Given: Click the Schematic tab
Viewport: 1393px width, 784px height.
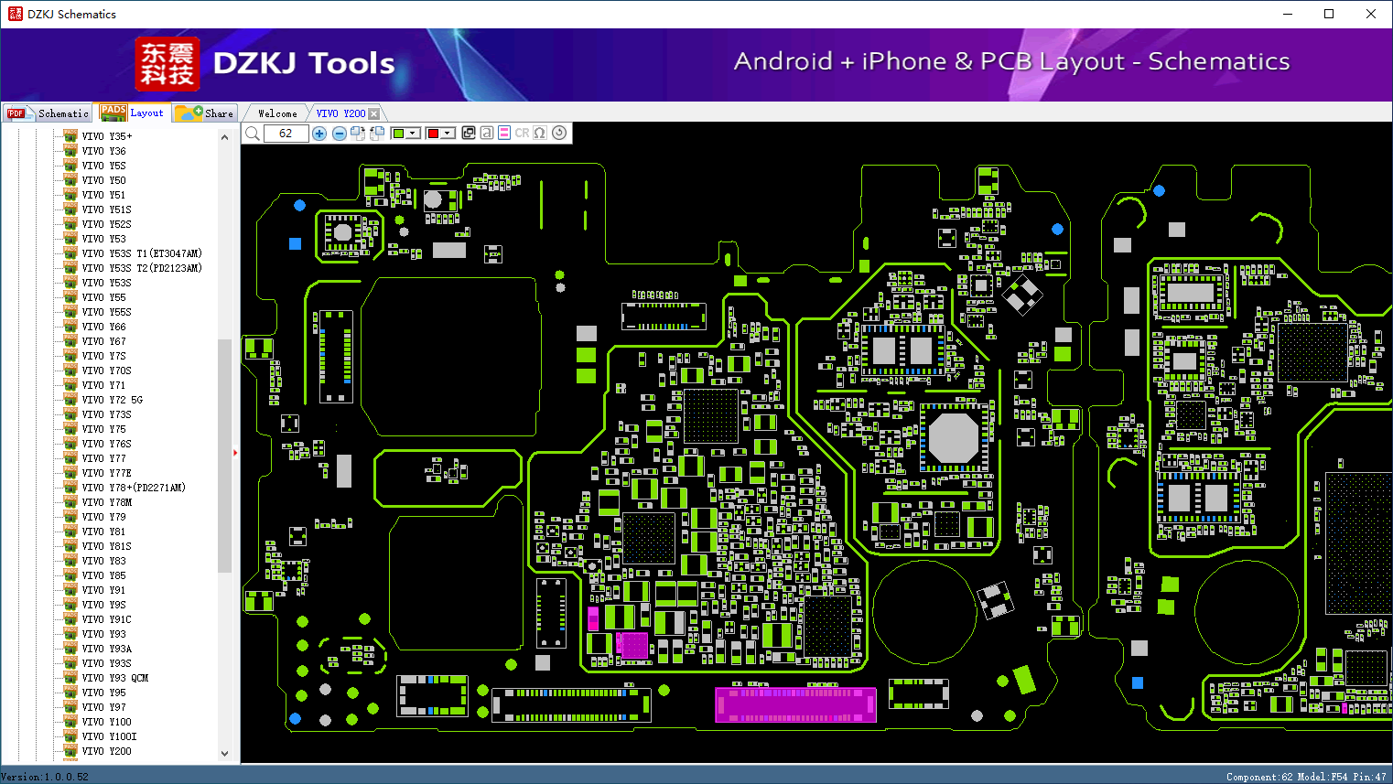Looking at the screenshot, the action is [48, 113].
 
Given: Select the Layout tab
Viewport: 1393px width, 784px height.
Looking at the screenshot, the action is [132, 113].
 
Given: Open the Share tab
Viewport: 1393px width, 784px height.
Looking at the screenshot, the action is [205, 113].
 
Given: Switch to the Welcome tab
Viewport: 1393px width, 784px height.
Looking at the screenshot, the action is [277, 113].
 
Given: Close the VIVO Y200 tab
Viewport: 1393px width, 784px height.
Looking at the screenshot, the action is [373, 113].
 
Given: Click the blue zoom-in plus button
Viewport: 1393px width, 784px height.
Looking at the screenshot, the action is [319, 134].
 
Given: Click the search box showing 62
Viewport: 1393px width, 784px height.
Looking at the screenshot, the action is [286, 134].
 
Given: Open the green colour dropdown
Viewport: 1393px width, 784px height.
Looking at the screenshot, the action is [412, 134].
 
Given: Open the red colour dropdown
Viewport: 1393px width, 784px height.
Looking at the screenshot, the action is [448, 134].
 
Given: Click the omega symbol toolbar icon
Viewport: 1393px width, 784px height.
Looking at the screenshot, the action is [540, 133].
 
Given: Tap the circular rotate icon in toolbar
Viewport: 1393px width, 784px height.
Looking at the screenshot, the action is [559, 133].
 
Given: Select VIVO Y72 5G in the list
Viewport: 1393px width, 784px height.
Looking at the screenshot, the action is [112, 400].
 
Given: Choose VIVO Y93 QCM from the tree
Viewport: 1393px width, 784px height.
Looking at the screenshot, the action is [115, 678].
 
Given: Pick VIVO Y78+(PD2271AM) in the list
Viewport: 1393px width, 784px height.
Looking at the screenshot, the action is [134, 488].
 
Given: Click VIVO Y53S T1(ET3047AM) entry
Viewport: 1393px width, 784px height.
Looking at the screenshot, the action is [142, 253].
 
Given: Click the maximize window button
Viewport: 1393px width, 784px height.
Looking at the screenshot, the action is [1329, 14].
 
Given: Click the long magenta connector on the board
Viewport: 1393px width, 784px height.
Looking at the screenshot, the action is [795, 705].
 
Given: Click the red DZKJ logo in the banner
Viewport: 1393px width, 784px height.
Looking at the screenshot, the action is [167, 63].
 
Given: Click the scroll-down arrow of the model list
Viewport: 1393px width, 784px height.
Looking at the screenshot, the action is [224, 754].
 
